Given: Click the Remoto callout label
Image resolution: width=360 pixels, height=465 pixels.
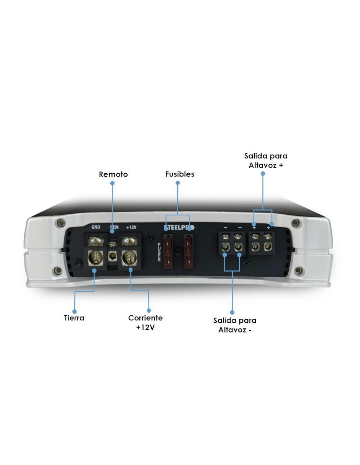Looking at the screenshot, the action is pos(113,174).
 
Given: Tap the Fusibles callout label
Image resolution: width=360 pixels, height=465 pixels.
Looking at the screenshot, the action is pos(180,174).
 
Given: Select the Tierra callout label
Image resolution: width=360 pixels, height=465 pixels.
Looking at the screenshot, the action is pos(74,318).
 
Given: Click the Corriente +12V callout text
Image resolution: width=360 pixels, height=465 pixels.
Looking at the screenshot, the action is pos(145,323).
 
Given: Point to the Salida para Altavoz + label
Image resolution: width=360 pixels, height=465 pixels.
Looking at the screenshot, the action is pos(266,160).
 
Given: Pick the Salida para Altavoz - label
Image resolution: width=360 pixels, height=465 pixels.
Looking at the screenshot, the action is pos(235,325).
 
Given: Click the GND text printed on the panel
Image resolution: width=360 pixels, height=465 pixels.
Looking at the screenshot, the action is pos(96,227).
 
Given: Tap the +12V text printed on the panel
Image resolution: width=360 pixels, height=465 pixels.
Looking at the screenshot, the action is pos(131,227).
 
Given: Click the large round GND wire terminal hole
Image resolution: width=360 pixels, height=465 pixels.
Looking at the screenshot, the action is pos(95,258).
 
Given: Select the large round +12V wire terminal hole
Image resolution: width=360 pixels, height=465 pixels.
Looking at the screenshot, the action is pos(129,258).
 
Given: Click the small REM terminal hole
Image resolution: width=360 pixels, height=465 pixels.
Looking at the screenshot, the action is pos(112,256).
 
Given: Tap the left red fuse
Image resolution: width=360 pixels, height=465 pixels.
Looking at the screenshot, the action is pos(169,251).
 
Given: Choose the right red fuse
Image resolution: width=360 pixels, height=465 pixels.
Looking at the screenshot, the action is pos(188,251).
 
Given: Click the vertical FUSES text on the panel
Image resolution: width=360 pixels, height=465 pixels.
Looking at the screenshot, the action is pos(159,252).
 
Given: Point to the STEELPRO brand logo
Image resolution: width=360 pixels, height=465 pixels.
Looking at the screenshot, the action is pos(179,227).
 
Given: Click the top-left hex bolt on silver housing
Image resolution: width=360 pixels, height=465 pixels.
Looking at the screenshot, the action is pos(61,223).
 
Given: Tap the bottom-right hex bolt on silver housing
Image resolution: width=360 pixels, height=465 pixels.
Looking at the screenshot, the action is pos(298,271).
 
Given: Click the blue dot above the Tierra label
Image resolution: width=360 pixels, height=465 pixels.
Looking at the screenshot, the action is pos(74,312).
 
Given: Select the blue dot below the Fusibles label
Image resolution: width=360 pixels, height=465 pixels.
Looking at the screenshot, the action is pos(178,183).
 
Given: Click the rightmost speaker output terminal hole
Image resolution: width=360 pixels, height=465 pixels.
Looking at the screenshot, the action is pos(268,247).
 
